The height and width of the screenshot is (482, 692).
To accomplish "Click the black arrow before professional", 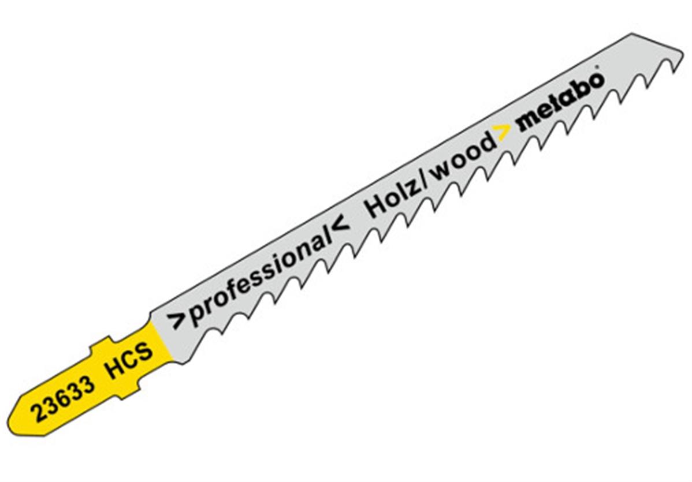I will click(175, 321).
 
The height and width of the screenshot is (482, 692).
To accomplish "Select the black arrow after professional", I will click(341, 226).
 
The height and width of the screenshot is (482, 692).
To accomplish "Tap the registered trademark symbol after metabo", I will click(598, 73).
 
